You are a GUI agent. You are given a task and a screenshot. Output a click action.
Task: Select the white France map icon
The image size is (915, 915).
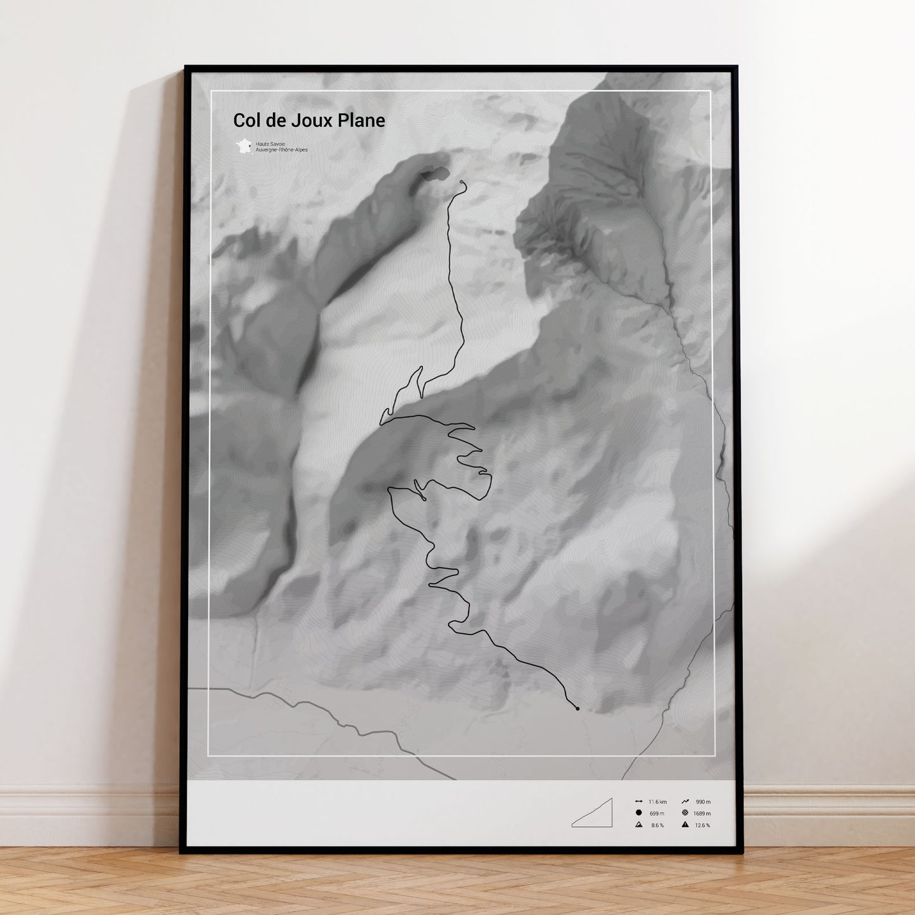click(244, 146)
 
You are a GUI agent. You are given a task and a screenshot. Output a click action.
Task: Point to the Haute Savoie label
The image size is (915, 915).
click(270, 144)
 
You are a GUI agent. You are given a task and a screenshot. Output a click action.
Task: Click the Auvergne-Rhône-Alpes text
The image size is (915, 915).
click(282, 150)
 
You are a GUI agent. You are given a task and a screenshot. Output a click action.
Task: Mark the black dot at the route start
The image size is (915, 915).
click(577, 709)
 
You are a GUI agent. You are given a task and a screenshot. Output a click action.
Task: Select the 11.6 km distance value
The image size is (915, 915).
click(657, 802)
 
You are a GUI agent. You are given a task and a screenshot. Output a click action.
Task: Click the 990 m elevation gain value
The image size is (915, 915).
click(703, 802)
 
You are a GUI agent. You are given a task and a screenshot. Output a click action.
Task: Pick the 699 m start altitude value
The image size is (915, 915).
click(657, 814)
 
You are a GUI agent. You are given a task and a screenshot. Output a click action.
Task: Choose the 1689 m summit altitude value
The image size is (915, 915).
click(702, 814)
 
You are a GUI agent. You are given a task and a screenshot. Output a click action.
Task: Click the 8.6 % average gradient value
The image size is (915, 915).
click(657, 825)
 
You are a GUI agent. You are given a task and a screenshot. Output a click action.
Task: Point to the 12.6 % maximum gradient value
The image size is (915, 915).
click(702, 825)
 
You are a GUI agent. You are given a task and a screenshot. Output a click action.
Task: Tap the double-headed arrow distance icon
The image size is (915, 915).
click(638, 802)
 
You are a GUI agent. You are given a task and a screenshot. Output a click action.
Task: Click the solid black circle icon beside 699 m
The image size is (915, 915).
click(638, 813)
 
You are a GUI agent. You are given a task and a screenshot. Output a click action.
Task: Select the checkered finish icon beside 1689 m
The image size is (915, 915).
click(685, 813)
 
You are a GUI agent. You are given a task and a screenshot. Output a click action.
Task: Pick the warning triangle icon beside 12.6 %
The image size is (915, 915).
click(685, 825)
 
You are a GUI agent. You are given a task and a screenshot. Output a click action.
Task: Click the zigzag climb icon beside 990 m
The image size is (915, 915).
click(685, 802)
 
